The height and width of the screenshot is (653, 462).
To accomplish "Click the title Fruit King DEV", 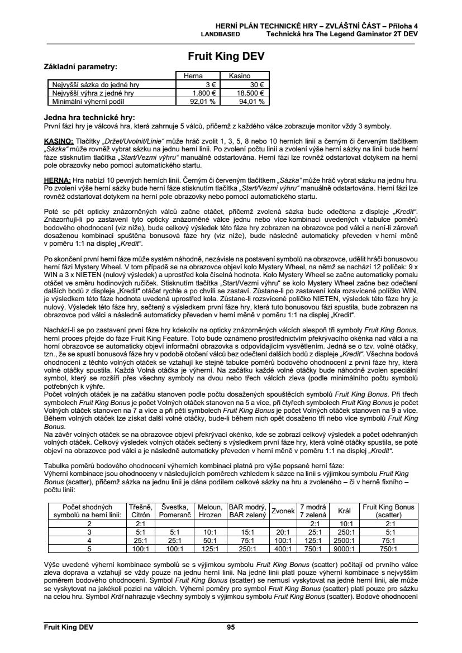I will tap(226, 56).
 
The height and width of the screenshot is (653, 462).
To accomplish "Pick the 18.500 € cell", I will tap(250, 93).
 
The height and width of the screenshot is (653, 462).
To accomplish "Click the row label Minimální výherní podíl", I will tap(89, 102).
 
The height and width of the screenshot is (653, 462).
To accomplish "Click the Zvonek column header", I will tap(283, 511).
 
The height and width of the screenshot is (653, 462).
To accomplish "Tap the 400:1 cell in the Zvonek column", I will tap(283, 549).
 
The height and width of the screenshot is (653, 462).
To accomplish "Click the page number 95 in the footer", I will tap(231, 627).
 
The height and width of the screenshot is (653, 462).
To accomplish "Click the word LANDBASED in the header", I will tap(220, 34).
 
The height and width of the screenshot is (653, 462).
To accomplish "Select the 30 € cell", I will tap(258, 85).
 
